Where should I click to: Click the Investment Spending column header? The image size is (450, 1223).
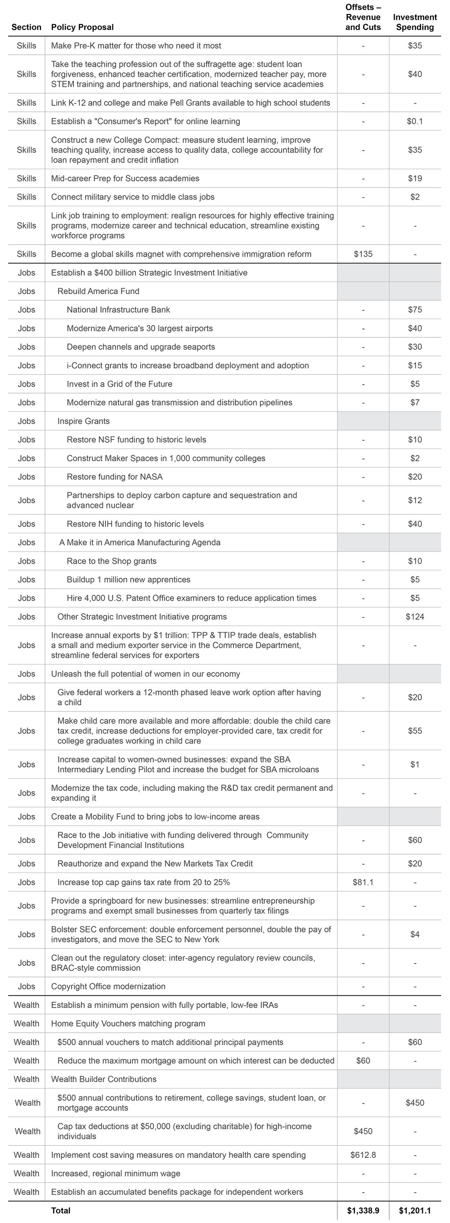click(414, 22)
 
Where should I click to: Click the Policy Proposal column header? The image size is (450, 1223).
click(82, 27)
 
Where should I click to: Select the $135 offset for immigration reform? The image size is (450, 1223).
click(363, 254)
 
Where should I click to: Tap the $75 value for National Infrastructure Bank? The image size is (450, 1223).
click(414, 310)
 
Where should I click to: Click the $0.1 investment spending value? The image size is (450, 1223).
click(414, 121)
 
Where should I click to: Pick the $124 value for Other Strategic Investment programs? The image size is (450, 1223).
click(414, 617)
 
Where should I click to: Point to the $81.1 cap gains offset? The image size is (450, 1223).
click(363, 882)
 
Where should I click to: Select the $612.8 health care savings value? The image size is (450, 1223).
click(363, 1155)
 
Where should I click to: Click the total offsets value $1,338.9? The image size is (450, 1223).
click(363, 1210)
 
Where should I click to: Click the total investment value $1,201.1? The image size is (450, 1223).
click(414, 1210)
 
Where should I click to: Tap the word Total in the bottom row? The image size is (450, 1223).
click(61, 1210)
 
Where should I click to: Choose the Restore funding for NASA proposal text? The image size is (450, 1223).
click(114, 477)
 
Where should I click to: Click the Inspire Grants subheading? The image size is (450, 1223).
click(83, 421)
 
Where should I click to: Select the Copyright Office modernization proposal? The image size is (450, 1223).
click(108, 986)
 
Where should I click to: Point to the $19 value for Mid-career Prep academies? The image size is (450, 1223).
click(414, 179)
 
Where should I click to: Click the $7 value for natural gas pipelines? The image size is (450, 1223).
click(414, 403)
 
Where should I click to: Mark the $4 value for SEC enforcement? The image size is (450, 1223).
click(414, 934)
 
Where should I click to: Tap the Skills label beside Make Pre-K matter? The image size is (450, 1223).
click(26, 45)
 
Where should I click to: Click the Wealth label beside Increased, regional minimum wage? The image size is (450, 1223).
click(26, 1173)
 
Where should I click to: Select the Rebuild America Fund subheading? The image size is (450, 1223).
click(98, 291)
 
